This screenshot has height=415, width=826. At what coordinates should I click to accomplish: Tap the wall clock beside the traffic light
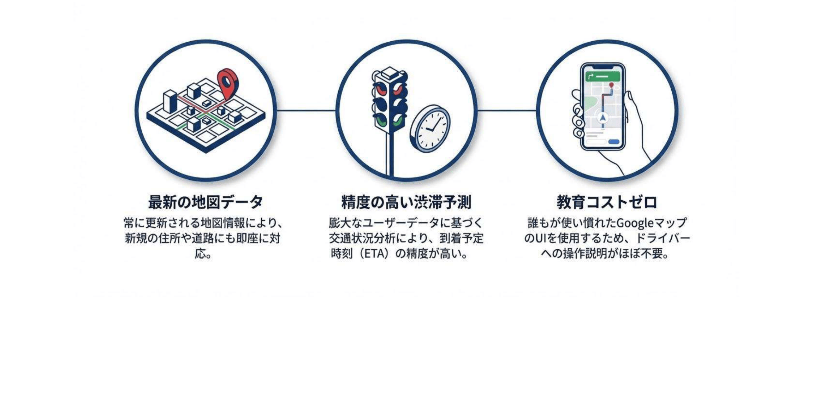(430, 129)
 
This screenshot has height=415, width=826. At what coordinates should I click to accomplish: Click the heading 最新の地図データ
(206, 202)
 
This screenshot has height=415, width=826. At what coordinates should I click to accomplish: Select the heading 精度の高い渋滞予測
(406, 202)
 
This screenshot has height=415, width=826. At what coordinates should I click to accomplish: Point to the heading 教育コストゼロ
(607, 202)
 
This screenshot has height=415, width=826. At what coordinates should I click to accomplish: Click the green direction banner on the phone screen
(603, 76)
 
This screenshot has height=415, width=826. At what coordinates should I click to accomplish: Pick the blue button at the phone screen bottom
(614, 142)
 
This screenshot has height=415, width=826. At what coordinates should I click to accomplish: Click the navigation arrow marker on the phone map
(603, 118)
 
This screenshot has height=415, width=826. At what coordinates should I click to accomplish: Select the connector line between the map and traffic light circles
(306, 110)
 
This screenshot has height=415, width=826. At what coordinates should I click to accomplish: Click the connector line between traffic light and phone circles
(507, 110)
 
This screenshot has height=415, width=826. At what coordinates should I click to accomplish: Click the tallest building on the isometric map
(170, 101)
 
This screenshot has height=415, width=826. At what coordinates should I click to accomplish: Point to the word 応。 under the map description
(203, 254)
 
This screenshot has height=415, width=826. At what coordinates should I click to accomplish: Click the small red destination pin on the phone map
(611, 85)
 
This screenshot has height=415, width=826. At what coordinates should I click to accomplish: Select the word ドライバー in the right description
(662, 238)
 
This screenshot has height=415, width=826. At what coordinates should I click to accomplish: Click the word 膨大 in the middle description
(340, 223)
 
